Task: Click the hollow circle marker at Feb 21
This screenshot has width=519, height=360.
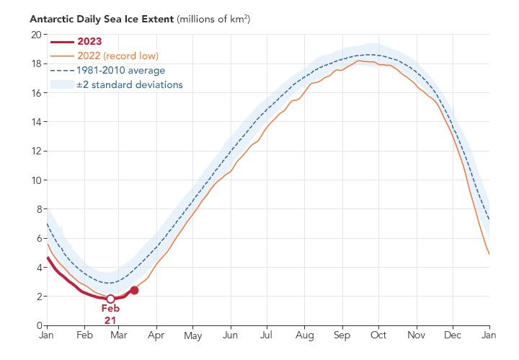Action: (x=110, y=299)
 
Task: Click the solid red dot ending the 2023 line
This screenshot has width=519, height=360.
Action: (x=134, y=290)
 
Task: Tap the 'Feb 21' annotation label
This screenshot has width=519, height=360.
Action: (x=110, y=314)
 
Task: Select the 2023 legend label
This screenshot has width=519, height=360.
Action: (x=89, y=41)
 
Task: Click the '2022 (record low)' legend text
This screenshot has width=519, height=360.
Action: (x=117, y=56)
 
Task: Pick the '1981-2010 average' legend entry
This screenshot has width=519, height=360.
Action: (x=120, y=70)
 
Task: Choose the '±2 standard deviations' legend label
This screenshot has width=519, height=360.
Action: (x=129, y=85)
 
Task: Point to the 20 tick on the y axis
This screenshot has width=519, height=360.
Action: (x=35, y=35)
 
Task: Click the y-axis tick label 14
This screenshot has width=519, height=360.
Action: (x=35, y=122)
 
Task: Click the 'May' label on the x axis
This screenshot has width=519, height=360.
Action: (x=193, y=336)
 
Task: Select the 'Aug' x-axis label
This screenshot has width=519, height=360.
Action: (x=304, y=336)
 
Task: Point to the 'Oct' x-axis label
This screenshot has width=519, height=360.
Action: (x=378, y=336)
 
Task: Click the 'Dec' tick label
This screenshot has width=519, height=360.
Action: (x=453, y=336)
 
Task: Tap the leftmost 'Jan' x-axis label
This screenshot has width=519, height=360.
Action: (x=47, y=336)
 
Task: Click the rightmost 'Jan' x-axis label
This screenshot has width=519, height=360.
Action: (x=489, y=336)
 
